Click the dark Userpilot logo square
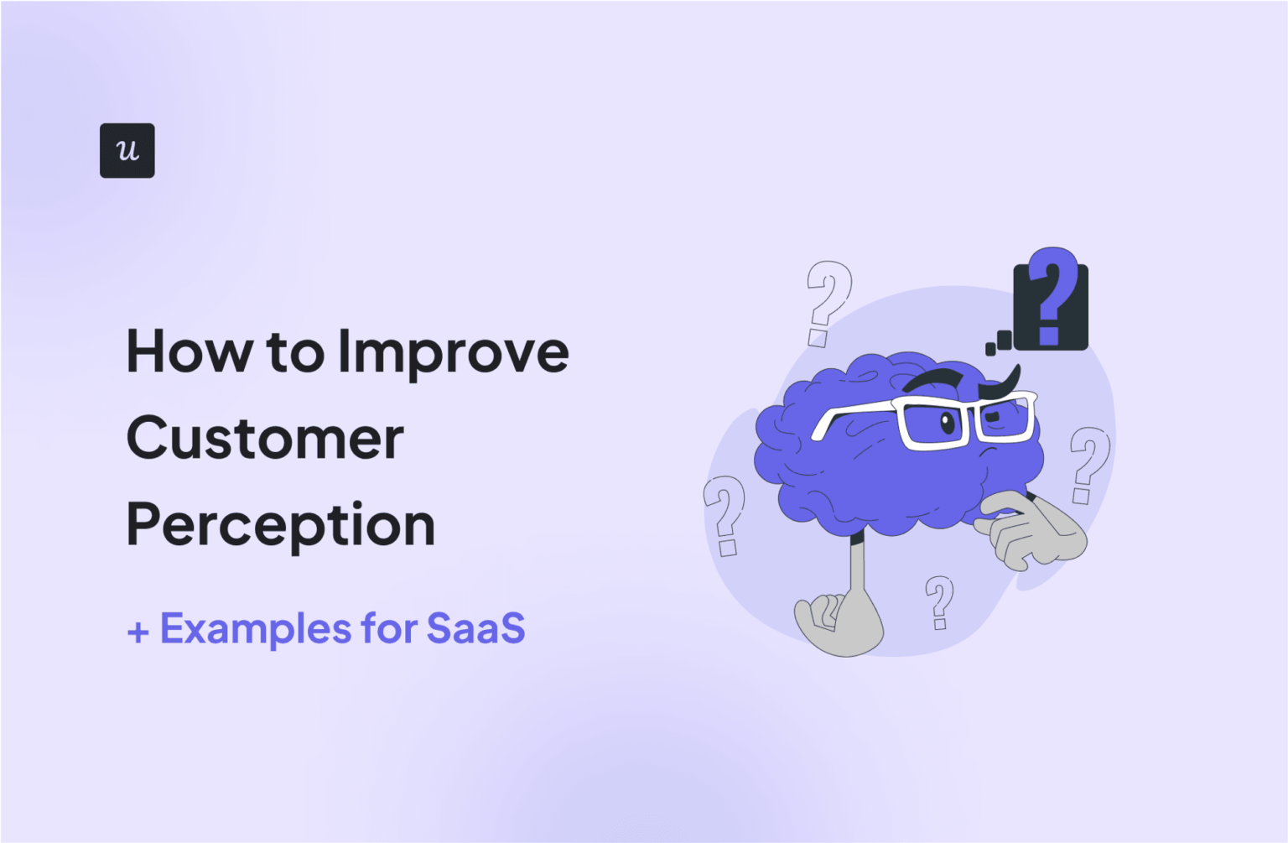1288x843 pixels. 127,150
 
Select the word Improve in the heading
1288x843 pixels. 453,353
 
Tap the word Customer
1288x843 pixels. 265,438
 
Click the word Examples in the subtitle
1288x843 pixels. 255,628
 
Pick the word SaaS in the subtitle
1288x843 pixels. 475,628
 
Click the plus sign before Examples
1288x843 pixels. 138,632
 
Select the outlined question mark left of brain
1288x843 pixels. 724,513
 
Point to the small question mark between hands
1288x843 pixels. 939,601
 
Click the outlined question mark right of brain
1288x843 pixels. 1088,463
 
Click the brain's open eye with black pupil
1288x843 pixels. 948,422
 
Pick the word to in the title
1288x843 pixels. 295,353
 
